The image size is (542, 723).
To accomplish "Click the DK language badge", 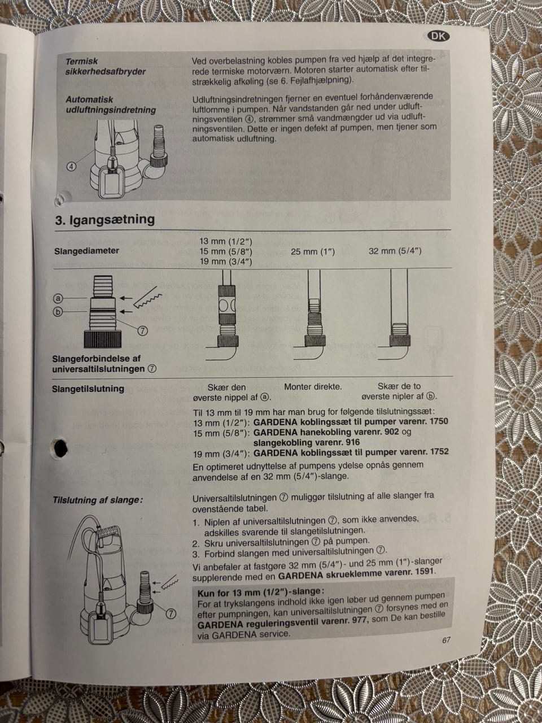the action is (x=439, y=36).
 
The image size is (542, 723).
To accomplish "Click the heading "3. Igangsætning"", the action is (x=105, y=219).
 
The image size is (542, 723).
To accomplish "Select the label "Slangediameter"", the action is (x=86, y=251).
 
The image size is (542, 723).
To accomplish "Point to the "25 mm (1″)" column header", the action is (x=313, y=252).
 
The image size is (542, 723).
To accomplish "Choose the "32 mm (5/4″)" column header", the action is (x=395, y=251).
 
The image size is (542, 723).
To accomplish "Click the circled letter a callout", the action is (x=58, y=298).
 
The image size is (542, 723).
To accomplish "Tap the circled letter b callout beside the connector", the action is (x=58, y=312).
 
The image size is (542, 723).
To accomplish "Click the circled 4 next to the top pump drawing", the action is (x=72, y=166).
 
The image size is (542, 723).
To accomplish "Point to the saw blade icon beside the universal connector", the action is (x=148, y=300).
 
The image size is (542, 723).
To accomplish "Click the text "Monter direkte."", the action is (x=313, y=387).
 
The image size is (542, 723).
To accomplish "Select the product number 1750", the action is (x=438, y=421).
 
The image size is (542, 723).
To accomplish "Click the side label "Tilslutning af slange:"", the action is (x=98, y=500).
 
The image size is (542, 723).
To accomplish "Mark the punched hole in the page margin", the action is (x=60, y=448).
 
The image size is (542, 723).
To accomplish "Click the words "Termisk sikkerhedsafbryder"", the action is (x=106, y=66).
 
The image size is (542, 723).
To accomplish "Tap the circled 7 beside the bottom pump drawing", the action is (x=171, y=613).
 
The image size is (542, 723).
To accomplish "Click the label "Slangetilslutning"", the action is (x=88, y=389).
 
